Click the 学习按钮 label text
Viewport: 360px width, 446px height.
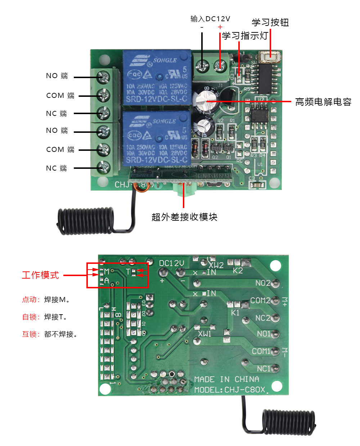pos(270,23)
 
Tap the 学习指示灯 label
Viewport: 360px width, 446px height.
pos(245,36)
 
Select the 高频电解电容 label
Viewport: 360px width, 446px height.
pos(323,102)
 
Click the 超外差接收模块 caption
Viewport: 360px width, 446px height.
pos(184,217)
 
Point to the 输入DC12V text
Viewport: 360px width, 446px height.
pos(210,19)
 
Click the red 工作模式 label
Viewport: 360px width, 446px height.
pos(40,275)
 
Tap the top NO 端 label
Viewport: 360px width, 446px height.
pos(57,76)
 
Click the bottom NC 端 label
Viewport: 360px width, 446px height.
pos(57,168)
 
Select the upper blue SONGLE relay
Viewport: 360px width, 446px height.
pos(157,78)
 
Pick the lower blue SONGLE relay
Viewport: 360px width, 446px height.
pos(157,138)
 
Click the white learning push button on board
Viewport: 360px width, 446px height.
pos(270,55)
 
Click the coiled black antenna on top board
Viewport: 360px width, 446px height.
pos(86,220)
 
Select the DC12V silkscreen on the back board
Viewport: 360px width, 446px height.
pos(172,263)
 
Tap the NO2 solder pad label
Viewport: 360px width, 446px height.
pos(263,283)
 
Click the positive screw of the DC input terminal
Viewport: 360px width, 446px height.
pos(219,66)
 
